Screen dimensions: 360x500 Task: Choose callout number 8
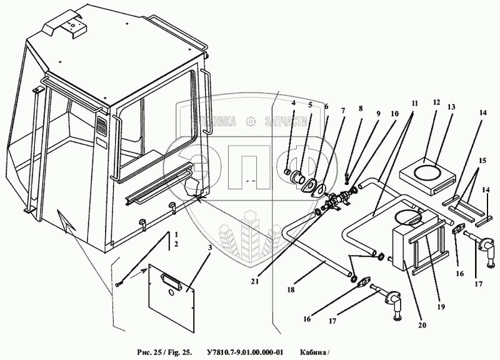359,108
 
